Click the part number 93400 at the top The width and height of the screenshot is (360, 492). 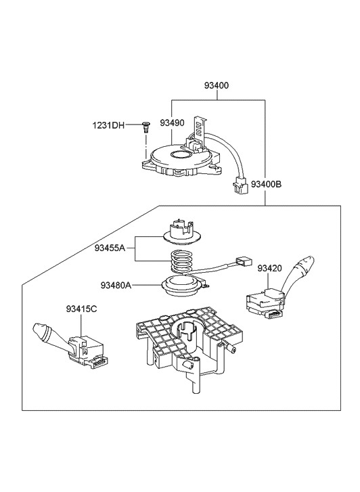pyautogui.click(x=217, y=86)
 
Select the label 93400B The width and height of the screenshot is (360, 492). pyautogui.click(x=266, y=184)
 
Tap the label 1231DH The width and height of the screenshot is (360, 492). pyautogui.click(x=108, y=125)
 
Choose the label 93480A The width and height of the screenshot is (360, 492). pyautogui.click(x=116, y=285)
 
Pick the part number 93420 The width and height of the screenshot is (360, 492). pyautogui.click(x=269, y=268)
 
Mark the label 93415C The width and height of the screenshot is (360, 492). pyautogui.click(x=81, y=309)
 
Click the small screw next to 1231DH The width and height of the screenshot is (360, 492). pyautogui.click(x=145, y=125)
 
